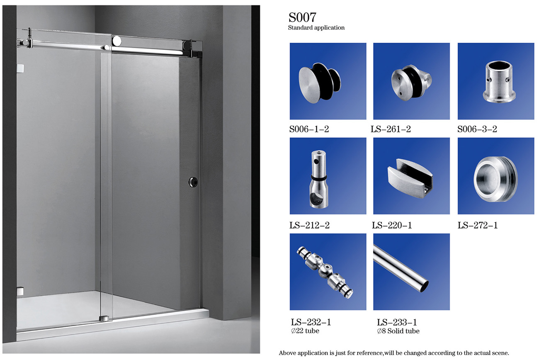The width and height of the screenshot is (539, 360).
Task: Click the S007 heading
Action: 302,17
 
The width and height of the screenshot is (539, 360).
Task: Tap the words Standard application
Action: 316,28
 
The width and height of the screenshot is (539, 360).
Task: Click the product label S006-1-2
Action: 309,129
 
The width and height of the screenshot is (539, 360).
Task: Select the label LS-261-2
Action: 391,129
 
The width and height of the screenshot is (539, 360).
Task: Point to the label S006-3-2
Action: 477,129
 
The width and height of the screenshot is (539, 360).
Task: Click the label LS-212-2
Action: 309,225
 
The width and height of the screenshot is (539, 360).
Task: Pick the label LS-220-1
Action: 392,225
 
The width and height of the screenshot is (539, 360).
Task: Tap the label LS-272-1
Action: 477,225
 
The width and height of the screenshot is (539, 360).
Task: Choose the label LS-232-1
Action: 311,322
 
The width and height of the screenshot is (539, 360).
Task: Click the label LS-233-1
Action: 397,322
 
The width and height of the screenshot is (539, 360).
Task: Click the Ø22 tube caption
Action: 305,331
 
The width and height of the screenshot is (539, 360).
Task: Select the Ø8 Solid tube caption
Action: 398,331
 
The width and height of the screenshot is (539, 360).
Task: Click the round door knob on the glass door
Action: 193,182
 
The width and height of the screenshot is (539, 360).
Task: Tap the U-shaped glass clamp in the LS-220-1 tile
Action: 410,178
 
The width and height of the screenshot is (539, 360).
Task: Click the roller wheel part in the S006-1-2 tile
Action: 320,83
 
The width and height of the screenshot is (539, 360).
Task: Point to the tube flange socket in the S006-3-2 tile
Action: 499,81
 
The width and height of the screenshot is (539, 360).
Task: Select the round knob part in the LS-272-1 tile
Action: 496,179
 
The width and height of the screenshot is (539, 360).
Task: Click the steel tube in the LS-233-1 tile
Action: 401,268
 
